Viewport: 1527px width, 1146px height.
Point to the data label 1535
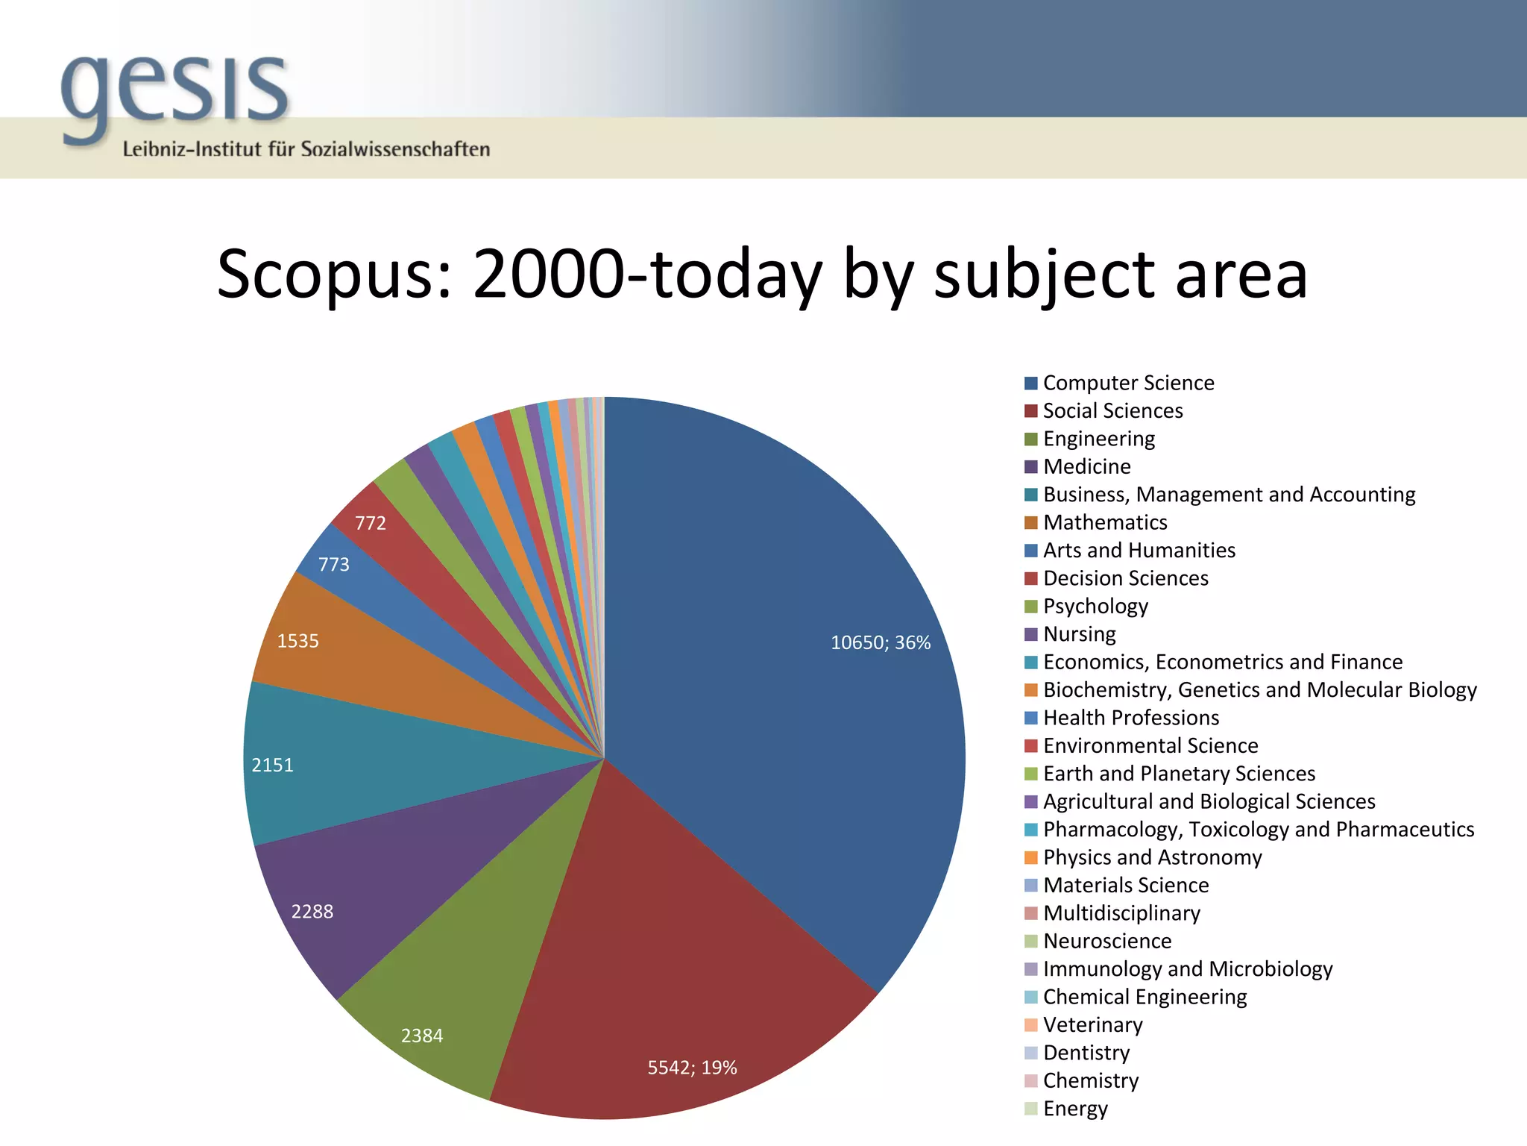click(298, 642)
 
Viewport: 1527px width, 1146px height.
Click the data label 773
click(333, 565)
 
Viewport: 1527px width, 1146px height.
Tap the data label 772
click(371, 523)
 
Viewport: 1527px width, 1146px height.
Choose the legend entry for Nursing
click(1079, 634)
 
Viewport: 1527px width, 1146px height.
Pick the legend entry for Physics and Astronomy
click(1152, 857)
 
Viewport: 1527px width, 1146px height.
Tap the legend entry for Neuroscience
click(1107, 941)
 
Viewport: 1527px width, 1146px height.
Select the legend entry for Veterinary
click(1092, 1025)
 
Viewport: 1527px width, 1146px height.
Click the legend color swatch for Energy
click(1031, 1109)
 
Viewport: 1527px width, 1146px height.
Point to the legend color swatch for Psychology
click(1031, 607)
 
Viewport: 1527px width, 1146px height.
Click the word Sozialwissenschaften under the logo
click(395, 149)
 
